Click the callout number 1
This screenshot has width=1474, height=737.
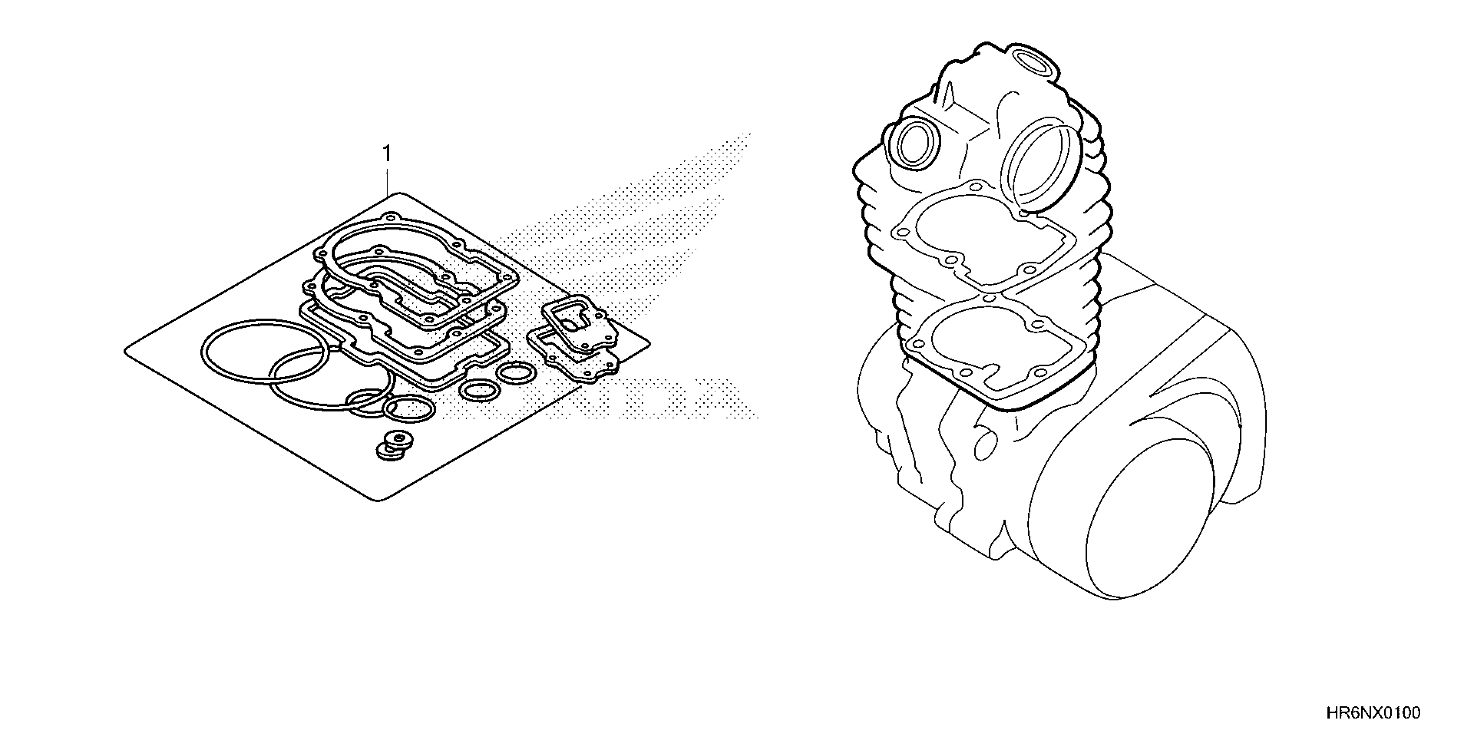(388, 154)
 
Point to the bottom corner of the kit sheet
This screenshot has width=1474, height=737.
(378, 501)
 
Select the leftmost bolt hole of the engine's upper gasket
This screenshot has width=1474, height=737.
(903, 233)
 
